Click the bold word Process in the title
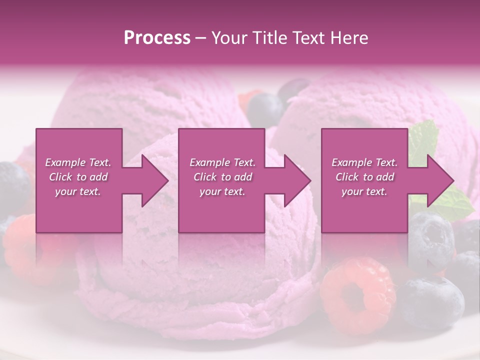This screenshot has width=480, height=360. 157,38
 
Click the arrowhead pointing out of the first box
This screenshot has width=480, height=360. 152,180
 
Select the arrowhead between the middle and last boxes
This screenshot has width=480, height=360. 295,180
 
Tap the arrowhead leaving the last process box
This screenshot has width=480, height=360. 438,180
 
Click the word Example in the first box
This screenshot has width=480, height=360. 65,162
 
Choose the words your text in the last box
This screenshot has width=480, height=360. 364,191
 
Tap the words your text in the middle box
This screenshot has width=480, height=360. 222,191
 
